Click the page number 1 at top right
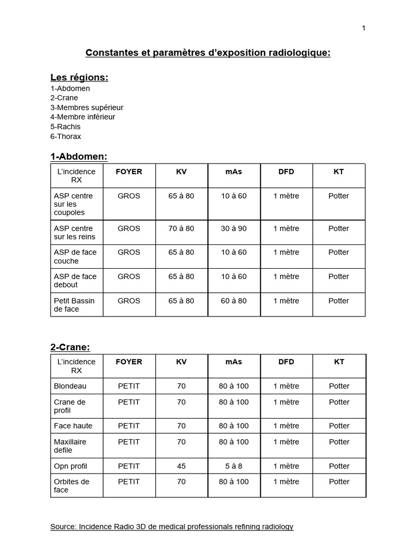363,28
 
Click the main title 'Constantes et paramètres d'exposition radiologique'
208,53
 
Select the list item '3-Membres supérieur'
87,108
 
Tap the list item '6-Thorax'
66,136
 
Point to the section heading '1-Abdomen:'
79,156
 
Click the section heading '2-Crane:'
70,347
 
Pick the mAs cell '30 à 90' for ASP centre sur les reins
234,229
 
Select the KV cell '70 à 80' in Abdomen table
181,229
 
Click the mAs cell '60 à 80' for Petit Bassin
234,301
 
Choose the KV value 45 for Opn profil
181,466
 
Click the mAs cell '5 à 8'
234,466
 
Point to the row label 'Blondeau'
70,386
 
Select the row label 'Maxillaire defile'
70,446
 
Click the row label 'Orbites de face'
72,485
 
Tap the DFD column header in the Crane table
286,362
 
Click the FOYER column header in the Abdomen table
129,172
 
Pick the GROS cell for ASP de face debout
129,276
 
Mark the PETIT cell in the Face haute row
129,426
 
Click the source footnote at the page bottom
172,527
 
